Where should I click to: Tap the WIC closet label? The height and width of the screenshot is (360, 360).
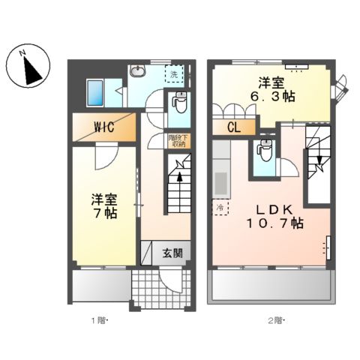click(103, 127)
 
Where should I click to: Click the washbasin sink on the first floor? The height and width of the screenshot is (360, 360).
click(138, 72)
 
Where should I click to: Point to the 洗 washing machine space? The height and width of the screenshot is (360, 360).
click(174, 74)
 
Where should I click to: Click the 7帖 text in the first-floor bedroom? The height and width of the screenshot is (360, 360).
click(104, 214)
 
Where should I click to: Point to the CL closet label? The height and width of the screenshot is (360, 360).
click(233, 127)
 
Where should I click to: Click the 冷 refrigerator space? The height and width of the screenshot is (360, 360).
click(221, 207)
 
